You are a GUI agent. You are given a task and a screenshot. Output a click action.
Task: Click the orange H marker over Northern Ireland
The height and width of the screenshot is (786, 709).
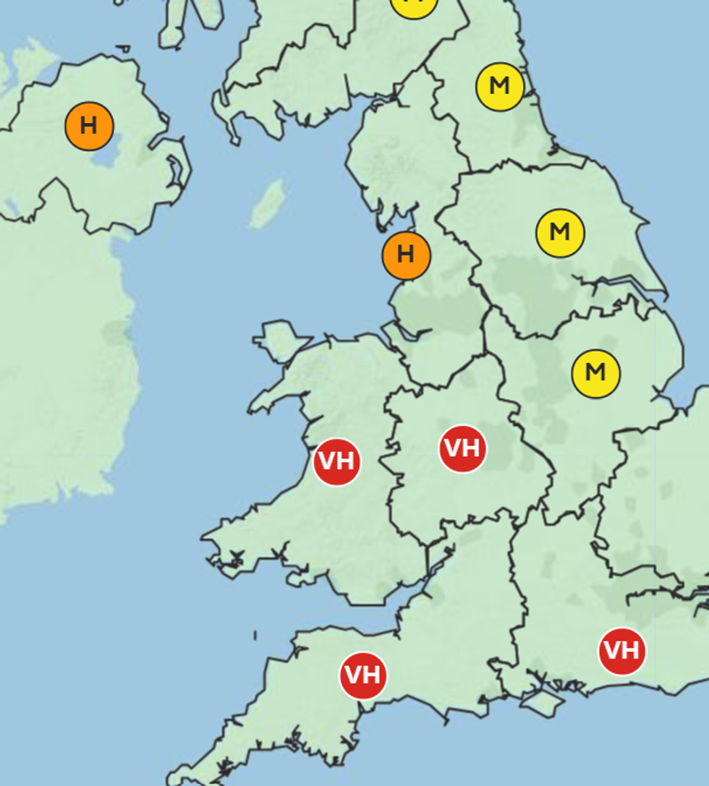pos(89,126)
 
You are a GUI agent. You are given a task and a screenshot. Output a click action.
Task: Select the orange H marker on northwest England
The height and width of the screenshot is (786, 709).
pos(406,255)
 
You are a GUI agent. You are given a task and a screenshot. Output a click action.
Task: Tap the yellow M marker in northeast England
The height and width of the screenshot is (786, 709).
pos(499,87)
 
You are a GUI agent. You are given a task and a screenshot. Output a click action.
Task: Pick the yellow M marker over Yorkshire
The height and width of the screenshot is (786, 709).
pos(560,233)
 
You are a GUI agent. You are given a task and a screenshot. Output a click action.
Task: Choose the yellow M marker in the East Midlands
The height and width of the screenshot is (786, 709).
pos(595,373)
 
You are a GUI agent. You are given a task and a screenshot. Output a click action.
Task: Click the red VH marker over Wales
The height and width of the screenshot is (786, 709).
pos(337,461)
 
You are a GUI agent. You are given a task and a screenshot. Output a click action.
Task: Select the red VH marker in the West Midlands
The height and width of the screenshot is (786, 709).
pos(462,449)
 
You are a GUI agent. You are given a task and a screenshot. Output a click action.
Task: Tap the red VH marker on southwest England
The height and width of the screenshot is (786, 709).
pos(362,675)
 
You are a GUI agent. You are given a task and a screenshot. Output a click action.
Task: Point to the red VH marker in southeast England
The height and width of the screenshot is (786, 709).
pos(621,651)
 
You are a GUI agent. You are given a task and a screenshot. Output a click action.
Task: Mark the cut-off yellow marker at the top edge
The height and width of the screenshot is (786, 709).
pos(414,6)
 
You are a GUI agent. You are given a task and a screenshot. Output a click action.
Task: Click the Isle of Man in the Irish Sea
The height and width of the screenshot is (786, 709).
pos(268,203)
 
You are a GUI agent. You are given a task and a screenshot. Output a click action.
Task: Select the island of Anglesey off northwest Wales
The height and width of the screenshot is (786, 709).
pos(279,341)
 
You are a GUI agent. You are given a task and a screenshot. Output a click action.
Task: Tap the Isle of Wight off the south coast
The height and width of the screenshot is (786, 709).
pos(543,701)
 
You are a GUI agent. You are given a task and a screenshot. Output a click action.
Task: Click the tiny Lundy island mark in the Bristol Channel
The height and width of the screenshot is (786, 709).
pos(255,636)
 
